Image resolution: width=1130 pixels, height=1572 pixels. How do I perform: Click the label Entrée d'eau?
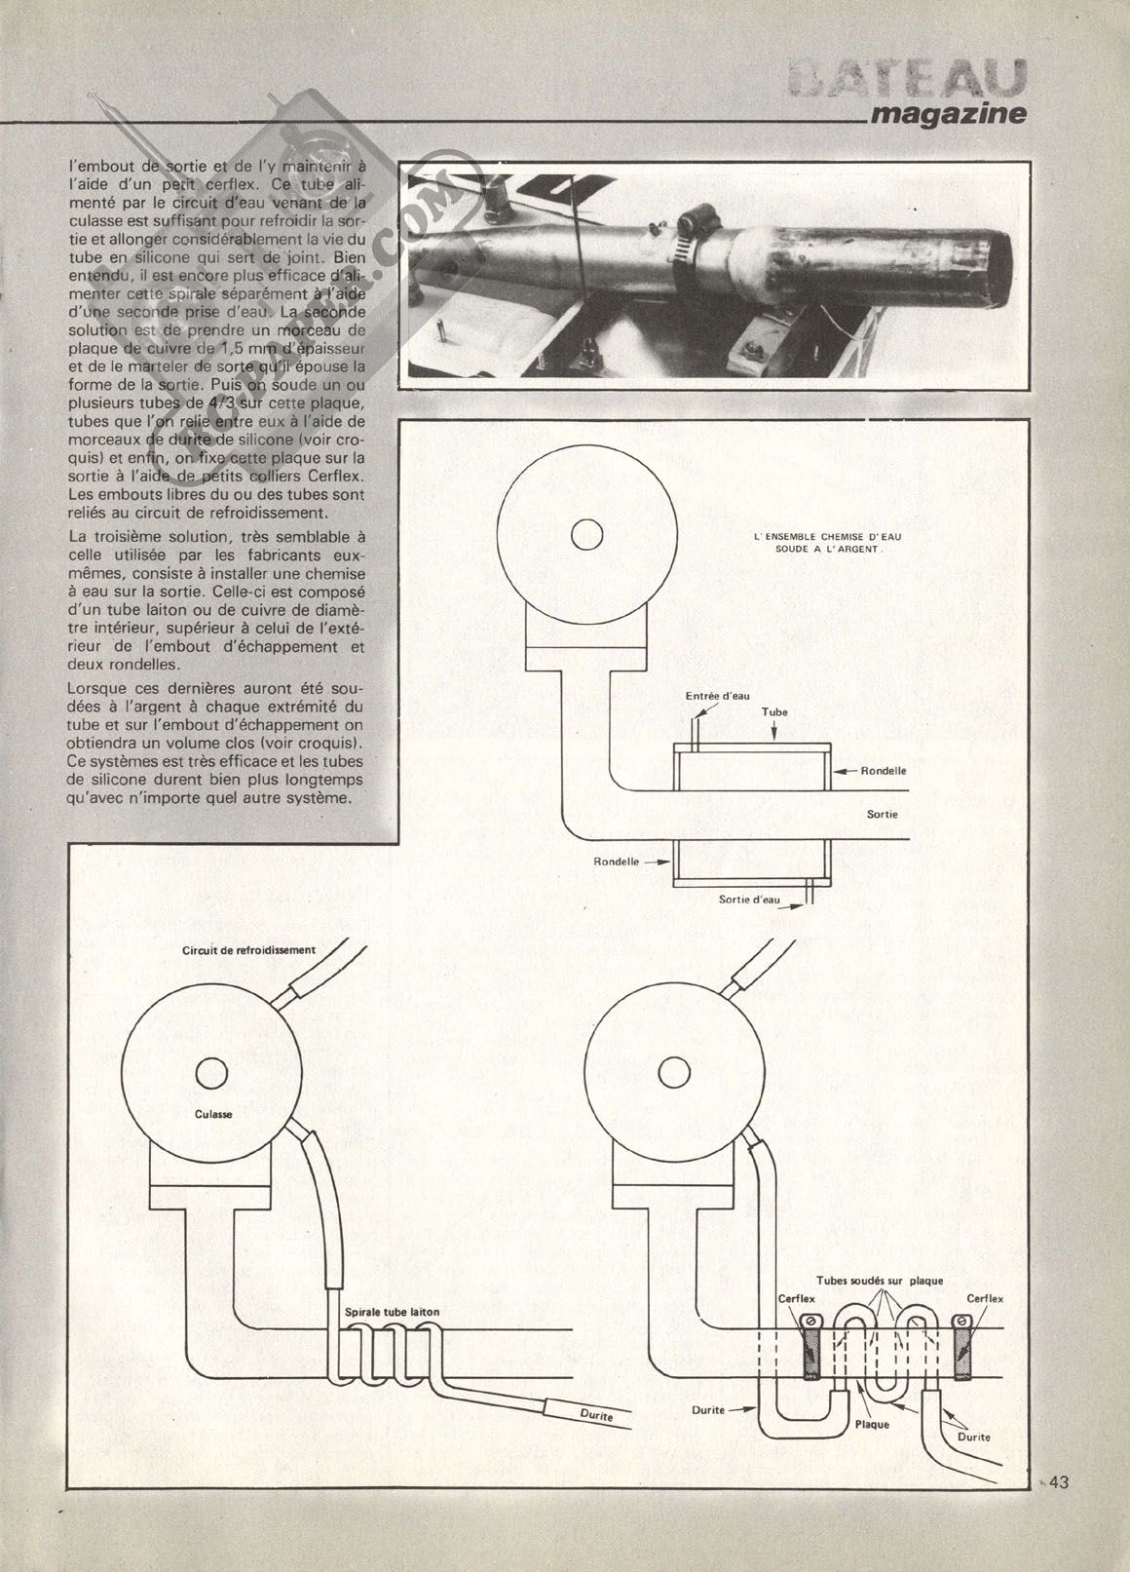click(718, 696)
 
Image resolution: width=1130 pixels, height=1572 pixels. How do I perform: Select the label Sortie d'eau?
click(749, 900)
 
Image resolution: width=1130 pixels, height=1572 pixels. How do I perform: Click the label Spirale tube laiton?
click(392, 1313)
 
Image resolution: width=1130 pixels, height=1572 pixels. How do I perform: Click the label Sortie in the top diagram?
click(883, 813)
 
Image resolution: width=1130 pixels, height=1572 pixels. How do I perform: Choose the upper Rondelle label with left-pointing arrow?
click(884, 770)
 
